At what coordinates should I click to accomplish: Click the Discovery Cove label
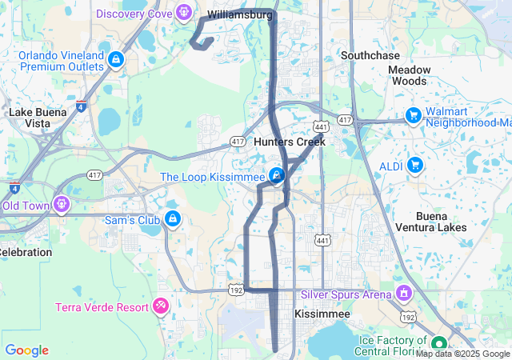point(134,14)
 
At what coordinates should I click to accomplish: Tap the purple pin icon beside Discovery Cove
point(184,12)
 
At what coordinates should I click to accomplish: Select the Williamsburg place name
point(239,14)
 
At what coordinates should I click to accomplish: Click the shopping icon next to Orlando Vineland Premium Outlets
point(117,59)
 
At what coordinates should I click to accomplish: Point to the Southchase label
point(369,56)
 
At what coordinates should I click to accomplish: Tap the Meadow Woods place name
point(409,75)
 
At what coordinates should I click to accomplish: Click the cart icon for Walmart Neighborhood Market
point(413,115)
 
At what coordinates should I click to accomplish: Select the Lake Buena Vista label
point(38,118)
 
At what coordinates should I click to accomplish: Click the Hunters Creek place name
point(290,142)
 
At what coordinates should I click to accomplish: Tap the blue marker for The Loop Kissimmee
point(277,174)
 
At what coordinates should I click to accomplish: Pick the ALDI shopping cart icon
point(414,165)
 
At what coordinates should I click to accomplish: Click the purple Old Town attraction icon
point(61,204)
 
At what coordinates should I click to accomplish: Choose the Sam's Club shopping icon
point(172,218)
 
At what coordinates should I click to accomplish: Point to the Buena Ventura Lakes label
point(442,222)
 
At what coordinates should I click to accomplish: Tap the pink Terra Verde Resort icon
point(161,306)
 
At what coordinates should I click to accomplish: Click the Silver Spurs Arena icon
point(402,293)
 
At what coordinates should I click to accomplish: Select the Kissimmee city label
point(322,314)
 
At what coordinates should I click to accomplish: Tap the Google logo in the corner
point(26,350)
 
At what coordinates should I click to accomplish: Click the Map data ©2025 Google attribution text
point(462,354)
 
